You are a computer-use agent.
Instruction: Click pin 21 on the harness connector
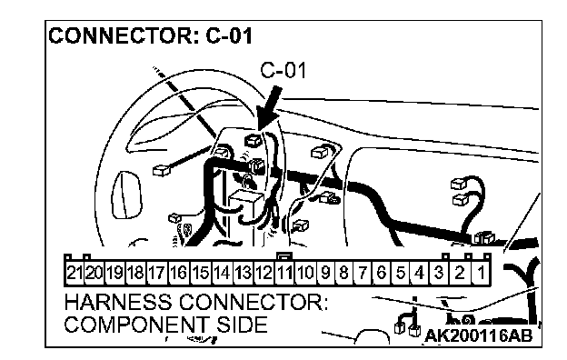(x=75, y=272)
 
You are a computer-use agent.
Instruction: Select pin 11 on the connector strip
(x=284, y=272)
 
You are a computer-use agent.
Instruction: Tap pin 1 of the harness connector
(x=481, y=272)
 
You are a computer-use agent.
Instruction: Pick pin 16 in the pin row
(x=179, y=272)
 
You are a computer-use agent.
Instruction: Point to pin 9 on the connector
(x=325, y=272)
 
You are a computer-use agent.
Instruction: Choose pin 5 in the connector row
(x=401, y=272)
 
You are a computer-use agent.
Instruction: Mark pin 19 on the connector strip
(x=115, y=272)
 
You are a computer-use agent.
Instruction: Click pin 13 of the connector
(x=243, y=272)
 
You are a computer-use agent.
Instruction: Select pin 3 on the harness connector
(x=439, y=272)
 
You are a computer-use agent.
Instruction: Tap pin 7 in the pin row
(x=363, y=272)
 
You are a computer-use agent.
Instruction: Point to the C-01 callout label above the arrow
(x=283, y=70)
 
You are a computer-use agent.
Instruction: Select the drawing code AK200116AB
(x=478, y=335)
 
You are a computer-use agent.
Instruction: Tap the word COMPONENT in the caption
(x=136, y=325)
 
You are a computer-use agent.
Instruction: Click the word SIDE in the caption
(x=242, y=325)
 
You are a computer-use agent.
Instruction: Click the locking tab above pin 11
(x=284, y=256)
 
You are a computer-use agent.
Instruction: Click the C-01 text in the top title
(x=229, y=36)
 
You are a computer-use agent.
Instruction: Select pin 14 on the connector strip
(x=222, y=272)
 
